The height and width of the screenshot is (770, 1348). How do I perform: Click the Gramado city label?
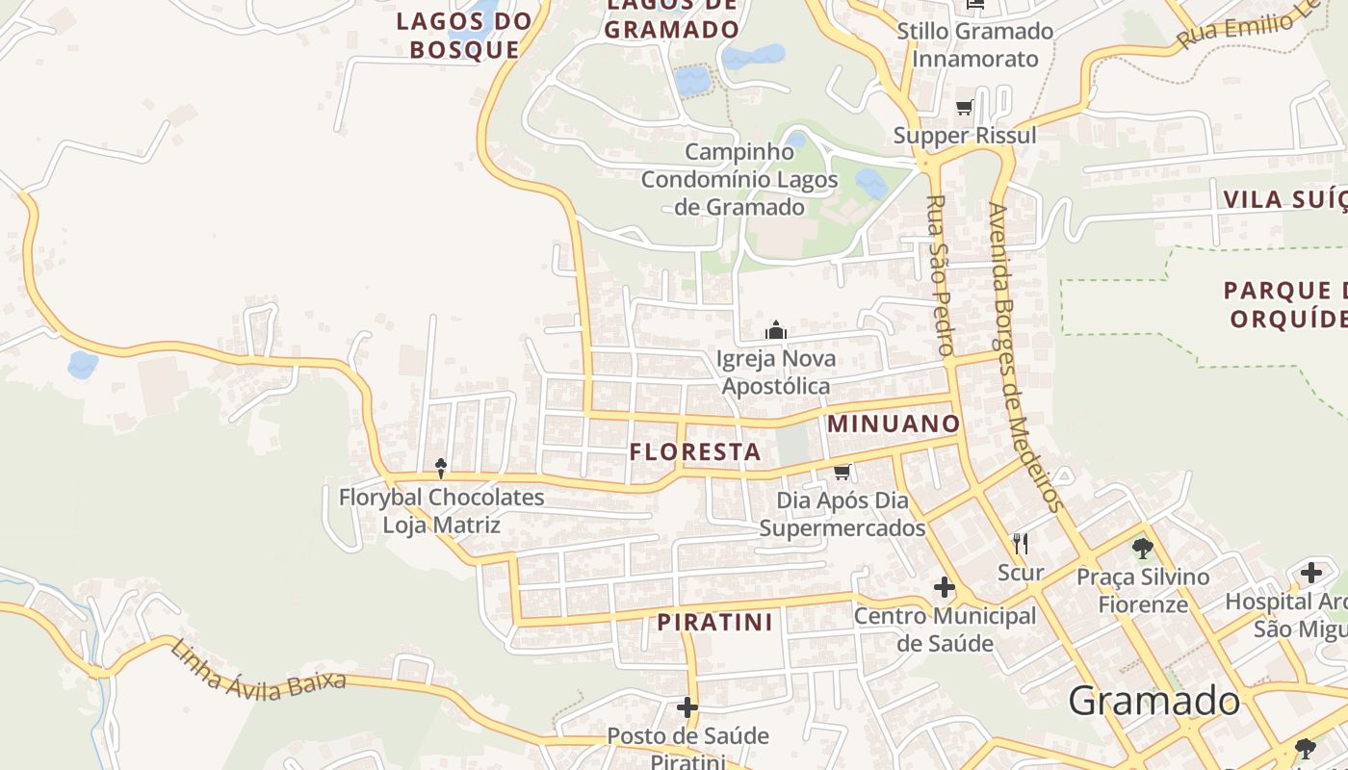point(1154,701)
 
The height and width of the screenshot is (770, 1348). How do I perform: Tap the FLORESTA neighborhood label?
point(695,451)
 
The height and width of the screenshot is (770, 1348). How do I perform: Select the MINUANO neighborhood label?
point(894,423)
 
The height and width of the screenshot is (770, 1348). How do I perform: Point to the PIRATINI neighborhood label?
point(715,623)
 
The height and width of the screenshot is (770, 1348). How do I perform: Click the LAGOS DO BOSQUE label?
point(464,36)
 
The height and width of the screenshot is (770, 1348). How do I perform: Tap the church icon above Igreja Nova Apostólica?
point(776,331)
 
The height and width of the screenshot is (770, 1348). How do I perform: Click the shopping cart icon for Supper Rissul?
point(965,107)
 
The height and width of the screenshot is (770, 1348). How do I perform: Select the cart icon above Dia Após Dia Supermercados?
point(842,472)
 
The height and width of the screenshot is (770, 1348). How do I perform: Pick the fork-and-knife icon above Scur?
point(1021,544)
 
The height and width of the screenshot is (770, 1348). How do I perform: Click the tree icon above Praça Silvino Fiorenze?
point(1143,549)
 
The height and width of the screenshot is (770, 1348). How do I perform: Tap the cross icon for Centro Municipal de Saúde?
point(945,586)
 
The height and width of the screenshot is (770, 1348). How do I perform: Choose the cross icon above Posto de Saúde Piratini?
point(687,707)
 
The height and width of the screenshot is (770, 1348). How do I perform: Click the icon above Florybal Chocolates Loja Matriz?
point(441,469)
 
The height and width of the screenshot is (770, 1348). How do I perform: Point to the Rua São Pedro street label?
point(939,275)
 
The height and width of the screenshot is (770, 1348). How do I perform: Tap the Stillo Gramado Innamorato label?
point(974,44)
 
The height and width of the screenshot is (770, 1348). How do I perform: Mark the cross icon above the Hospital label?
point(1310,573)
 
